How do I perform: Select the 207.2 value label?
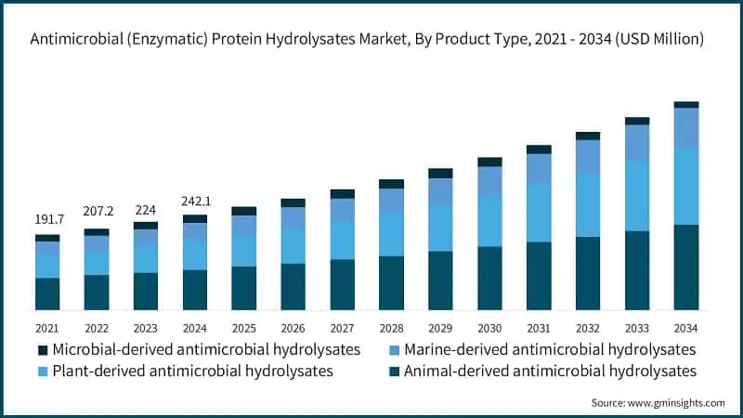[97, 213]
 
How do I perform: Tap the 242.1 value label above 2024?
[195, 200]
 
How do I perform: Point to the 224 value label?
[146, 208]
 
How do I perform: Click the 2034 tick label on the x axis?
[685, 328]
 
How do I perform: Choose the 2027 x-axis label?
[343, 328]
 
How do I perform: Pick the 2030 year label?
[489, 328]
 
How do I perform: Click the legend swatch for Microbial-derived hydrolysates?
[42, 350]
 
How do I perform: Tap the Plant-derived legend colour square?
[42, 372]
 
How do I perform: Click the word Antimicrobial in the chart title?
[75, 39]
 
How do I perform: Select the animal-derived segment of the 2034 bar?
[685, 268]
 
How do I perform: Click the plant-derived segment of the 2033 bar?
[637, 195]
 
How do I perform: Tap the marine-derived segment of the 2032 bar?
[588, 156]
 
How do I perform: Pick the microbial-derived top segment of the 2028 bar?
[392, 184]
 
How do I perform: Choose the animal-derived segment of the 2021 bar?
[47, 294]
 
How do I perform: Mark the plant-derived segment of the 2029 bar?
[440, 227]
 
